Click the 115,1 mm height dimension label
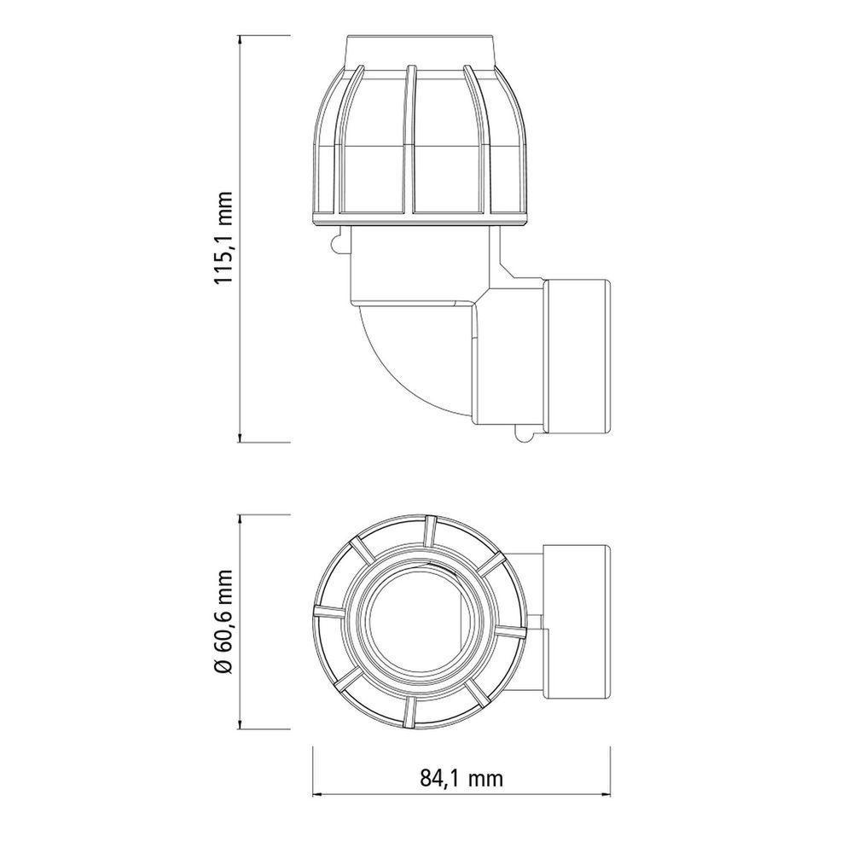tap(223, 238)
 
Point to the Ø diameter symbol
tap(223, 666)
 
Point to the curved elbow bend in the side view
tap(401, 358)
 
